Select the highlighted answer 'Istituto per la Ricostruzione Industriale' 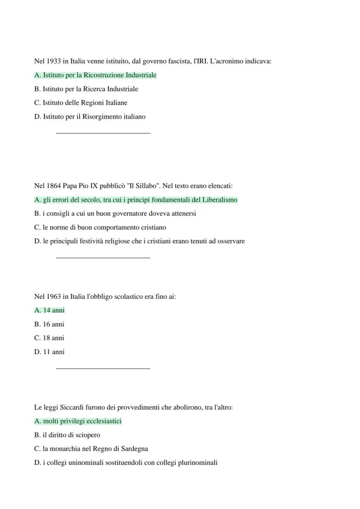point(95,75)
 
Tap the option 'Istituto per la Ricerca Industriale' point(86,89)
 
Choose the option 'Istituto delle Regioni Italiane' point(81,103)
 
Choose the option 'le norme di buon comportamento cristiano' point(100,227)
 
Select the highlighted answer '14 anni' point(50,310)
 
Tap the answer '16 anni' point(49,324)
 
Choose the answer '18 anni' point(49,338)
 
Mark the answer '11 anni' point(49,352)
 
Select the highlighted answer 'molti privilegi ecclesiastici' point(78,421)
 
